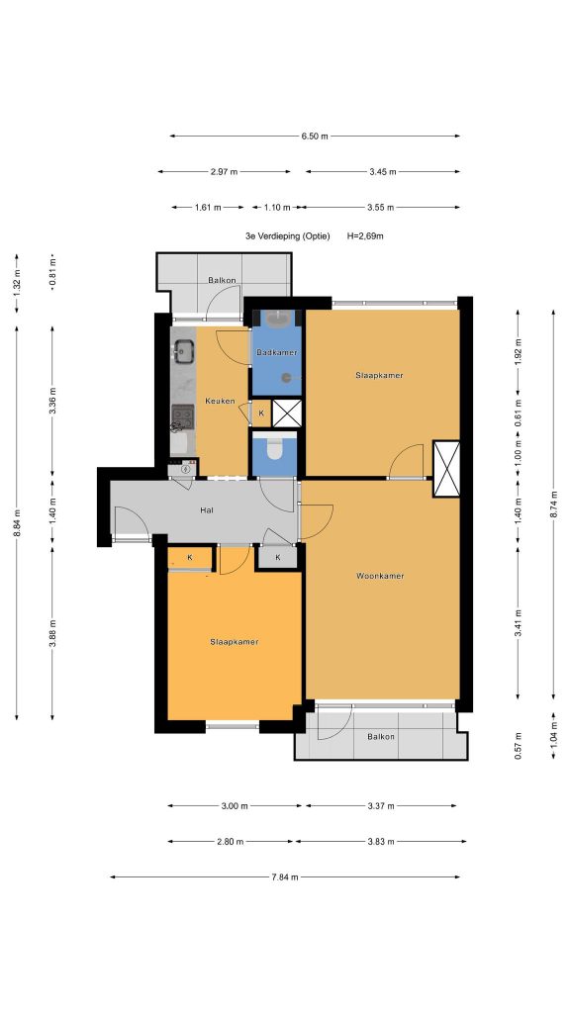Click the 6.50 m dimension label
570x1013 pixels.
pos(314,137)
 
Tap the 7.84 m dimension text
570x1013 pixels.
pos(285,876)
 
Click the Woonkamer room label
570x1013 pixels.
pos(380,576)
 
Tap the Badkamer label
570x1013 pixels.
pos(277,353)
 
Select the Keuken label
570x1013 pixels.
pos(220,402)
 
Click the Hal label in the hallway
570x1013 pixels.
pos(207,509)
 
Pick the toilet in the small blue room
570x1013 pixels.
pos(274,449)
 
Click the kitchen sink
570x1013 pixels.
pos(183,351)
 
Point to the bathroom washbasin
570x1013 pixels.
pos(280,318)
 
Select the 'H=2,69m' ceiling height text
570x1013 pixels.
pos(365,236)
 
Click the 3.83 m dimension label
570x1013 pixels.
pos(380,841)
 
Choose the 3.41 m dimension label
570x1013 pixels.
pos(519,623)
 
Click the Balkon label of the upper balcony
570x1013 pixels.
pos(222,280)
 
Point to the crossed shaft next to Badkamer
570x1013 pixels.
pos(286,414)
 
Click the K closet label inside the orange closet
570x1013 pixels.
pos(190,557)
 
